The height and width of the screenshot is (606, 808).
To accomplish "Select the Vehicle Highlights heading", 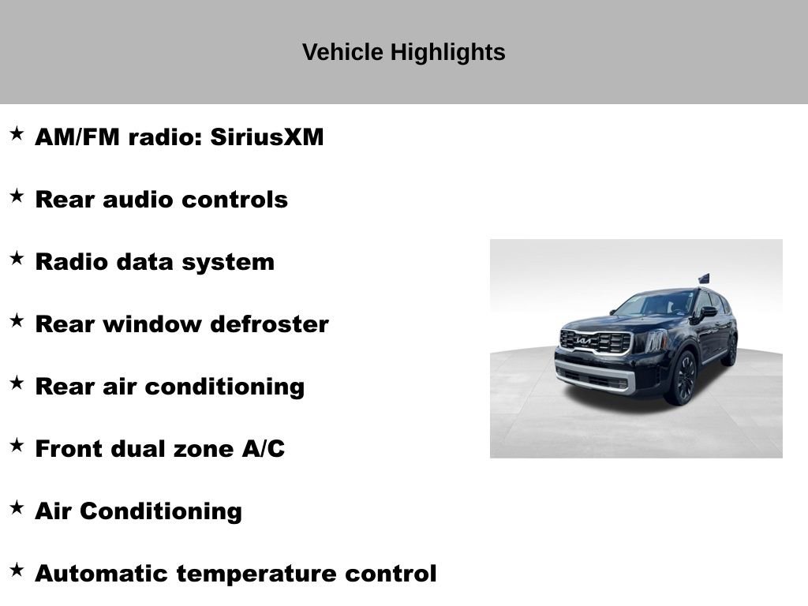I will [403, 52].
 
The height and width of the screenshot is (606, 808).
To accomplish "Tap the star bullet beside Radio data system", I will [17, 258].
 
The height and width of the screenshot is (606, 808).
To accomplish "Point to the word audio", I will [139, 200].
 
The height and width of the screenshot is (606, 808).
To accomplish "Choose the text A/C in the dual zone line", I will [263, 449].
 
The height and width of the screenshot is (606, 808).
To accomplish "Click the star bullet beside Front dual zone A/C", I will [17, 445].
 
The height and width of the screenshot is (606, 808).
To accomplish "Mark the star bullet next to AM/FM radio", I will [17, 133].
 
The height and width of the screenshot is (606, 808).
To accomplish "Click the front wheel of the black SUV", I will [683, 378].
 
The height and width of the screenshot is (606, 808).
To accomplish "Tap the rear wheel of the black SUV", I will [731, 350].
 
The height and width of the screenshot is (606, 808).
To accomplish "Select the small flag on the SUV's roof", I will [704, 279].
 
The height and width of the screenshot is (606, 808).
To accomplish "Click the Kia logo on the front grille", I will [584, 340].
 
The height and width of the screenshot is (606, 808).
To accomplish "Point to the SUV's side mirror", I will [705, 312].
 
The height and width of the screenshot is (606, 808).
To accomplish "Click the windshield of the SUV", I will [654, 304].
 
